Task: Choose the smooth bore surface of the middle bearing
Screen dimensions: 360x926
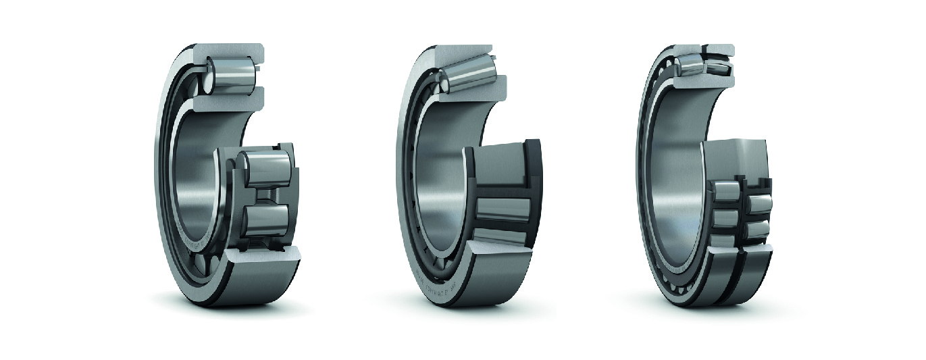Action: pos(436,176)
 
